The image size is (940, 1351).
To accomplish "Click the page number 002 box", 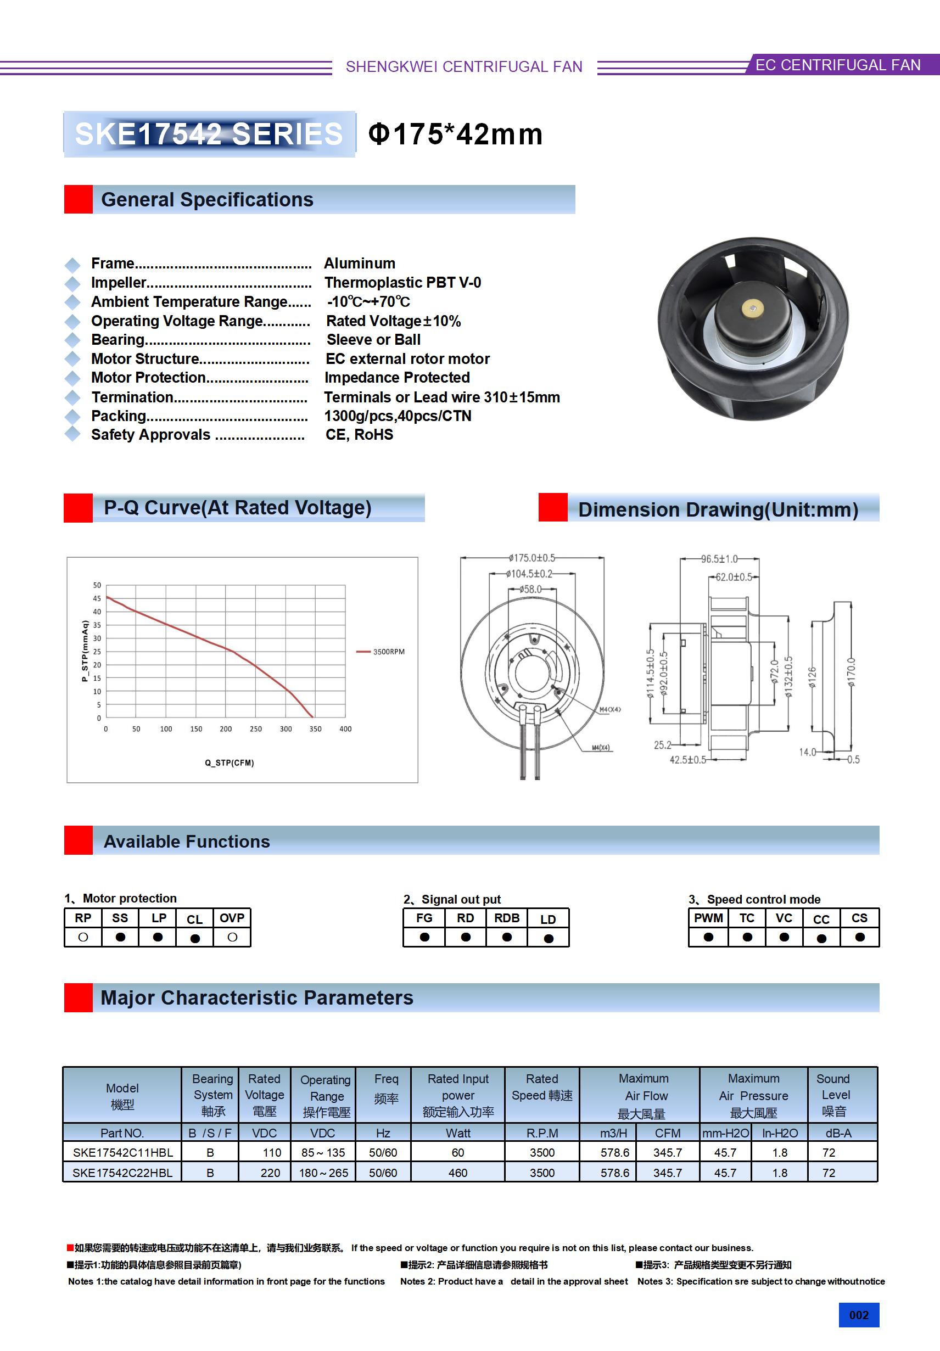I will click(x=858, y=1315).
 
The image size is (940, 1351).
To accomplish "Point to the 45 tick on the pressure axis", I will click(x=97, y=598).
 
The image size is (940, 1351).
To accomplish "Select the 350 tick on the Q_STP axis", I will click(x=315, y=728).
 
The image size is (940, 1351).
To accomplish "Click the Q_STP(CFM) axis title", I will click(x=229, y=763).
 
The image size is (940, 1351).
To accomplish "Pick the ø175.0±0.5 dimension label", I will click(x=531, y=557).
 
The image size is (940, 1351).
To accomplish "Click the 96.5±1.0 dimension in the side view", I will click(x=719, y=558).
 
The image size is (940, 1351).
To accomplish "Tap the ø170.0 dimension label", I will click(x=851, y=672).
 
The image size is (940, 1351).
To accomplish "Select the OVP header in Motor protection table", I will click(x=232, y=918).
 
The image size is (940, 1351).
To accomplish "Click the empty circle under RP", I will click(x=83, y=937).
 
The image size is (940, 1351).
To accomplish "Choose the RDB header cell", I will click(x=506, y=918).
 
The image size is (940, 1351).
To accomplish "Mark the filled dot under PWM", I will click(x=708, y=937).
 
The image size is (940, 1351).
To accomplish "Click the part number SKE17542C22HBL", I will click(x=122, y=1172).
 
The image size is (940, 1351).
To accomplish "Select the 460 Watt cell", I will click(x=457, y=1172).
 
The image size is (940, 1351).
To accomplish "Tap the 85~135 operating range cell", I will click(x=323, y=1152).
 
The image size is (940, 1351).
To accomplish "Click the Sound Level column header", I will click(x=833, y=1095).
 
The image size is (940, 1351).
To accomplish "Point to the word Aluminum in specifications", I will click(x=360, y=263).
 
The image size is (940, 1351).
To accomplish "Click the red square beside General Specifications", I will click(x=79, y=199).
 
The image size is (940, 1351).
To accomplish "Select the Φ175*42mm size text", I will click(x=455, y=134).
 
